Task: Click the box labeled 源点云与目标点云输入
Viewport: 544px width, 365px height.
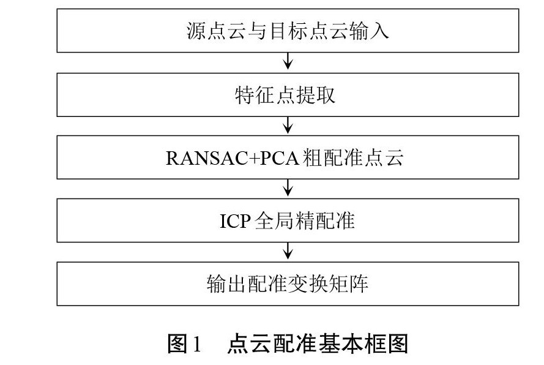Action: (x=288, y=31)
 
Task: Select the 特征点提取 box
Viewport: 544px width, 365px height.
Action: (x=288, y=95)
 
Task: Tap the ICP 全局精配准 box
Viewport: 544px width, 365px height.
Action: (x=288, y=220)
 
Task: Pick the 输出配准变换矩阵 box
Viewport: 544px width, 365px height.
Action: (x=288, y=284)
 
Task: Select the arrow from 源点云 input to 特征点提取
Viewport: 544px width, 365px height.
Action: (x=288, y=62)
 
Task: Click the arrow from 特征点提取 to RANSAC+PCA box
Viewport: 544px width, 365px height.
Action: (x=288, y=126)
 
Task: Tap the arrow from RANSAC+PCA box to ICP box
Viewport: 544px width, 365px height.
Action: (x=288, y=189)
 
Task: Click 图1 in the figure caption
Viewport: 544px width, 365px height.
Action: (x=184, y=344)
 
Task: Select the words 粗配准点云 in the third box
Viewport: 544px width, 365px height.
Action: (x=352, y=159)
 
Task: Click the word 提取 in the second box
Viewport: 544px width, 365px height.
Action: (x=319, y=95)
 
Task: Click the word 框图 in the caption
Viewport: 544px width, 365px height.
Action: (x=388, y=344)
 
